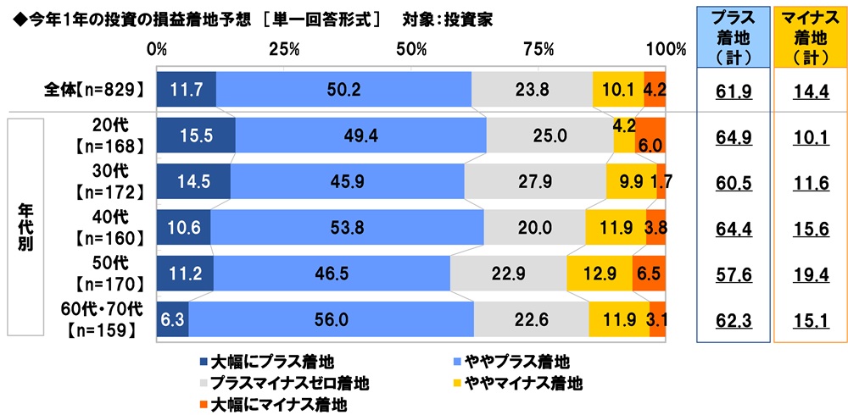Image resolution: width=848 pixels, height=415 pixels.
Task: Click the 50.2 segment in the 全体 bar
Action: pyautogui.click(x=343, y=90)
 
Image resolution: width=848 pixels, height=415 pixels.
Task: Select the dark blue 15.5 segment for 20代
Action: pyautogui.click(x=196, y=135)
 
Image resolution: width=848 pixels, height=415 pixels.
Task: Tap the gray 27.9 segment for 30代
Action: pyautogui.click(x=535, y=182)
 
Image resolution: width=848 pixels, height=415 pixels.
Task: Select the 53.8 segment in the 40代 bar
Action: pyautogui.click(x=346, y=228)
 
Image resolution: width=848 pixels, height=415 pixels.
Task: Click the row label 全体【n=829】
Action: pyautogui.click(x=96, y=89)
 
